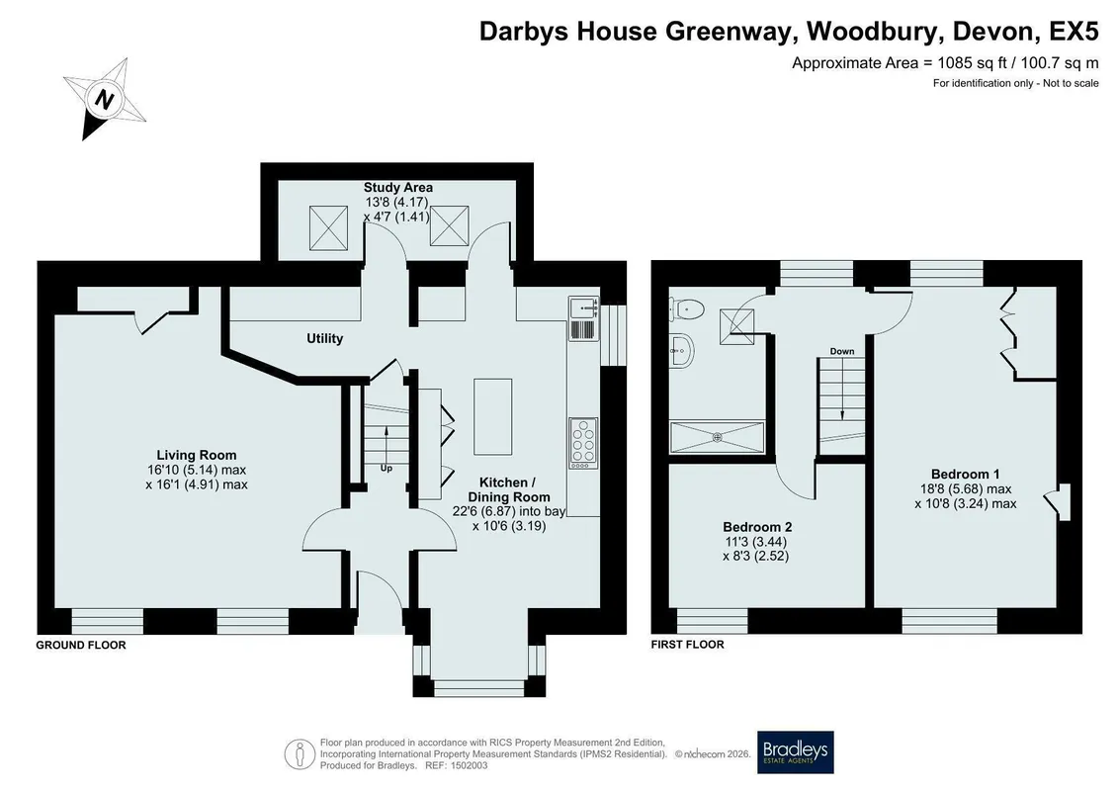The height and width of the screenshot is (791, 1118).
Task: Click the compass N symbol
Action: coord(105,99)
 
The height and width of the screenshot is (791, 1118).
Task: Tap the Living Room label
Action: coord(196,455)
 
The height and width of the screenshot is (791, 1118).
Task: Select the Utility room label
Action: coord(324,339)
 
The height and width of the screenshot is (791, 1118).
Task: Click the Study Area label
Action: coord(397,188)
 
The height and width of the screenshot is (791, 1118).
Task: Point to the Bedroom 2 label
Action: coord(757,527)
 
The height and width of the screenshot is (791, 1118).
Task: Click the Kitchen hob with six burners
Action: coord(583,443)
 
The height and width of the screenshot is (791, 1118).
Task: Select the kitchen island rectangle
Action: coord(492,416)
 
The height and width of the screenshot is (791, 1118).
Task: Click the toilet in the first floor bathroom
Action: coord(687,308)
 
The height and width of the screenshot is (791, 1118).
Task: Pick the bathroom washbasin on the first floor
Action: coord(681,350)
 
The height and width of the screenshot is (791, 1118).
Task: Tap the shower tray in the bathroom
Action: coord(718,437)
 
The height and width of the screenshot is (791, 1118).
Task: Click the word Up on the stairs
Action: coord(386,469)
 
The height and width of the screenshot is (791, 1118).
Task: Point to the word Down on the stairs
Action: coord(842,352)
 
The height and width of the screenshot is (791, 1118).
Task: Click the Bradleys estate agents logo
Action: coord(795,752)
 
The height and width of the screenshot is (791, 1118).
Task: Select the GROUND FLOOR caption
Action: coord(81,646)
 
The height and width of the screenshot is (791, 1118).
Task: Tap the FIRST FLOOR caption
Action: coord(687,645)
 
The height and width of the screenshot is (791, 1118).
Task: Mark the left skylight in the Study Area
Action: coord(329,228)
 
